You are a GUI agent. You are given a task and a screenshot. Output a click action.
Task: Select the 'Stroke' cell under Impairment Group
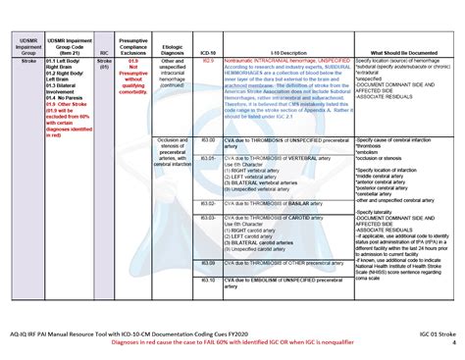[x=17, y=61]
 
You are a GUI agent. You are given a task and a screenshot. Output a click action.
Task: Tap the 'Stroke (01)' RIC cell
[x=103, y=65]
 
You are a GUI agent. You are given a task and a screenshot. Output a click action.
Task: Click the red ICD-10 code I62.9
[x=206, y=61]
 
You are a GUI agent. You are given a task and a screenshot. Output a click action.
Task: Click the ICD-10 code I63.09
[x=206, y=235]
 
